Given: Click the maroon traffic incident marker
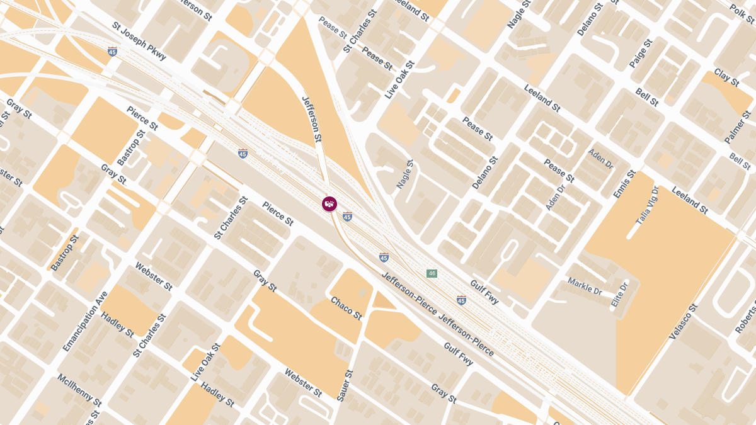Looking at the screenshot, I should click(x=329, y=204).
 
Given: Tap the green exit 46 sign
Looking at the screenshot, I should click(x=432, y=273).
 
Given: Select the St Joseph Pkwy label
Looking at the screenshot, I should click(x=139, y=42).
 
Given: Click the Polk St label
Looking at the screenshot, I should click(x=741, y=12).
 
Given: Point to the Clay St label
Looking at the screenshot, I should click(x=726, y=77).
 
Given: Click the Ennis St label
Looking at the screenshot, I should click(x=624, y=184).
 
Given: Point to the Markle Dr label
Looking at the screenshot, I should click(x=585, y=286).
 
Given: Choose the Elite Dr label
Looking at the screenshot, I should click(x=620, y=295).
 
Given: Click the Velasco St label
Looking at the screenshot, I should click(x=684, y=322).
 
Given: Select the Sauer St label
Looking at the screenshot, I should click(x=345, y=385).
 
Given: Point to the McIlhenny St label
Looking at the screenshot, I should click(x=79, y=390).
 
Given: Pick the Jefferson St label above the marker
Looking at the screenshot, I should click(x=312, y=118).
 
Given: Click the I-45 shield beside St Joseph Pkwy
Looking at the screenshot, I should click(x=112, y=51).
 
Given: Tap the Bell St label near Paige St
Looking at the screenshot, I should click(x=647, y=97).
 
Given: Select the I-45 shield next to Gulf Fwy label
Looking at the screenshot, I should click(x=461, y=300).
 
